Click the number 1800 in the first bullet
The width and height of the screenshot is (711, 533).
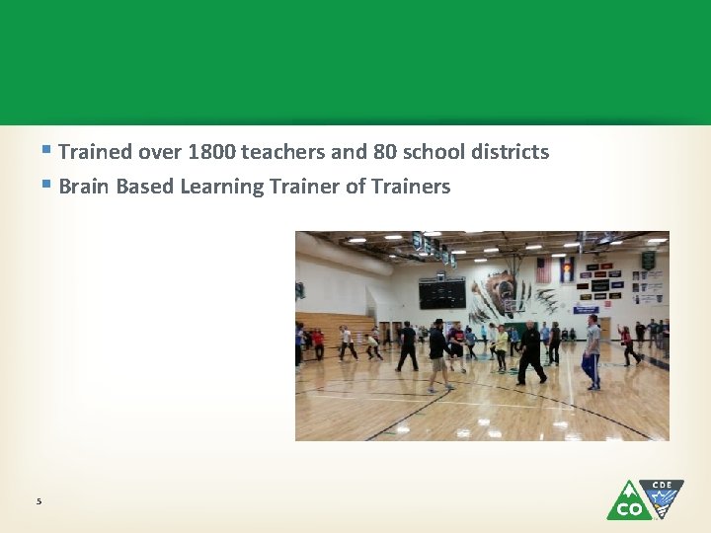pyautogui.click(x=212, y=152)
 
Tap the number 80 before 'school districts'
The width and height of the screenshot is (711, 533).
pyautogui.click(x=384, y=152)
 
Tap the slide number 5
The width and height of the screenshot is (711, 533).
pyautogui.click(x=39, y=501)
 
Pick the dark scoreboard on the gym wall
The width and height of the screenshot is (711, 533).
pyautogui.click(x=441, y=293)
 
